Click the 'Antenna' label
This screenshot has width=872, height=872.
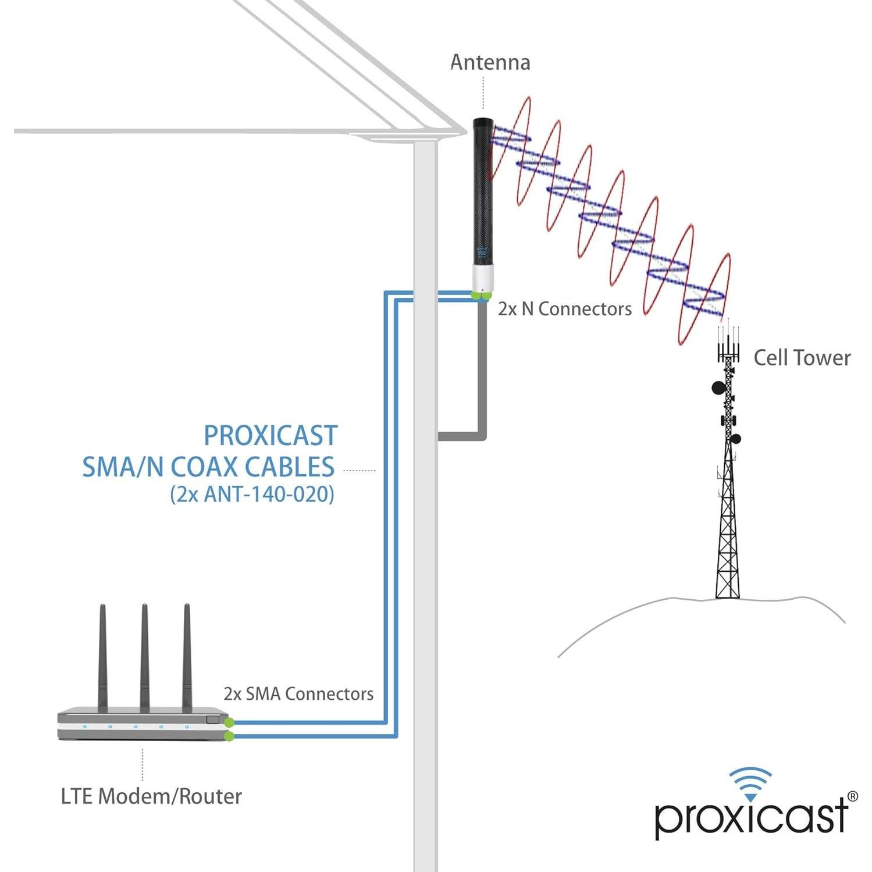490,63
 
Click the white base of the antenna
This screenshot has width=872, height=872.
482,279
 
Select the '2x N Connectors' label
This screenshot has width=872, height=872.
564,309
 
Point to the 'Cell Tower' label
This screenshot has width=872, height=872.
802,358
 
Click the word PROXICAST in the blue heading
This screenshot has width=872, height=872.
271,436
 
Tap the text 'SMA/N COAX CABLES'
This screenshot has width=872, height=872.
208,467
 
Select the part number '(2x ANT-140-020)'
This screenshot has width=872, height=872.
252,494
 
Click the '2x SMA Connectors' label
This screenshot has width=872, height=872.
298,694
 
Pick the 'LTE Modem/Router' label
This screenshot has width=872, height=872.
151,796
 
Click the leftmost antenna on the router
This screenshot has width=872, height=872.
102,657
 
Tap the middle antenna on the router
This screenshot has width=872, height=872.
144,657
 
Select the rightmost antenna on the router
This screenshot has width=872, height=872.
187,657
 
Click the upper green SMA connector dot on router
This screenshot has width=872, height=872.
229,722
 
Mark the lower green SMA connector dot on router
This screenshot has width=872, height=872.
229,736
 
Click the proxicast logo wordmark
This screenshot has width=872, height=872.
750,817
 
